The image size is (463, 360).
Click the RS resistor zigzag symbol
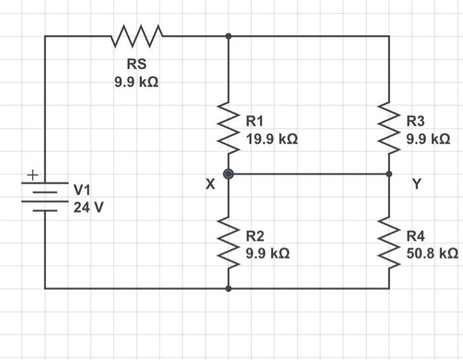tap(137, 36)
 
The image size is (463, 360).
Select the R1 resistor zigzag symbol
tap(229, 130)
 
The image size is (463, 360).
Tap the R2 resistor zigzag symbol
tap(229, 244)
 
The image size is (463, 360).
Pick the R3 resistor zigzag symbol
tap(389, 130)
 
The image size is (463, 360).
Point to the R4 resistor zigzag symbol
tap(389, 244)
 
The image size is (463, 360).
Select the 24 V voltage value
tap(88, 207)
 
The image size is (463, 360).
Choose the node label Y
tap(416, 185)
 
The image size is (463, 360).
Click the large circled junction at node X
tap(229, 174)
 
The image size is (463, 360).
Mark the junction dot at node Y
tap(389, 174)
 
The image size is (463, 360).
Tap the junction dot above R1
tap(229, 36)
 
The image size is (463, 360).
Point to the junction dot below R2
tap(229, 289)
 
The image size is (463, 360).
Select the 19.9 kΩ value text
tap(271, 139)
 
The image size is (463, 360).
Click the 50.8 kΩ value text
tap(432, 253)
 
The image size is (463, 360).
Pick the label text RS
tap(137, 65)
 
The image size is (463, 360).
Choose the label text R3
tap(416, 121)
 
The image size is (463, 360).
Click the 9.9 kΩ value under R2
tap(267, 253)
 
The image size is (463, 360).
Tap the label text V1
tap(83, 191)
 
